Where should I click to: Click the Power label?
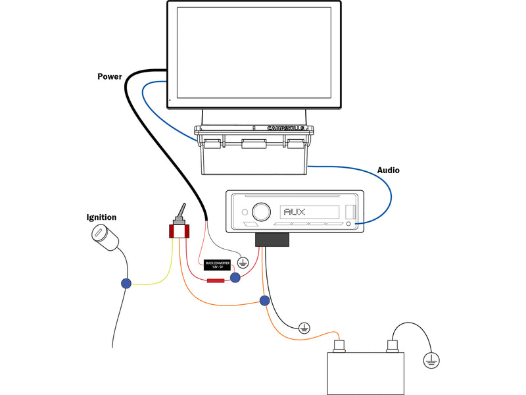click(110, 76)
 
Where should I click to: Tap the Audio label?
click(388, 171)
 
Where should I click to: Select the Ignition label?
click(101, 217)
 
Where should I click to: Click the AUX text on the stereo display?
click(293, 212)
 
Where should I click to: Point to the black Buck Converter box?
click(218, 263)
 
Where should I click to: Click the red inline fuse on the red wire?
click(216, 281)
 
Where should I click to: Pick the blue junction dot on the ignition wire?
click(126, 284)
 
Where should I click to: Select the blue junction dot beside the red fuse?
click(235, 279)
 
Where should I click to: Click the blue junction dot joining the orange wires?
click(264, 301)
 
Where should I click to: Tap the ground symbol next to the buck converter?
click(243, 262)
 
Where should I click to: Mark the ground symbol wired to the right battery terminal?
click(431, 360)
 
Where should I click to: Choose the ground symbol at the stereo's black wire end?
click(304, 327)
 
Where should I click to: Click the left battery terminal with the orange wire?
click(341, 345)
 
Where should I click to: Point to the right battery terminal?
click(392, 345)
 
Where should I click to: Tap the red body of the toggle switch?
click(178, 231)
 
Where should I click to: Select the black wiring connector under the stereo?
click(272, 240)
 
